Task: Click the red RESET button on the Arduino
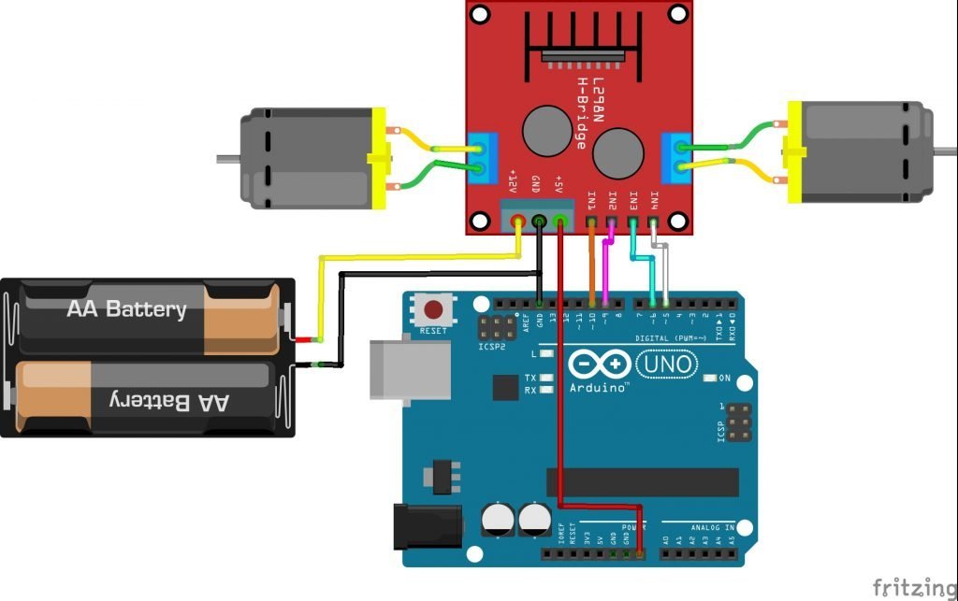coord(433,309)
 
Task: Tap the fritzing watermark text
coord(914,586)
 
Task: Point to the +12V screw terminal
coord(517,222)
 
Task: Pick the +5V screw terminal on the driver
coord(559,222)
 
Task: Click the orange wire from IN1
coord(591,266)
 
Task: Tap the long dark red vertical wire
coord(559,393)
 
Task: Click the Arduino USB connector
coord(393,368)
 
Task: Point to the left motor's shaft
coord(227,158)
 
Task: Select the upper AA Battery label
coord(126,309)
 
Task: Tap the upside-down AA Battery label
coord(169,401)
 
